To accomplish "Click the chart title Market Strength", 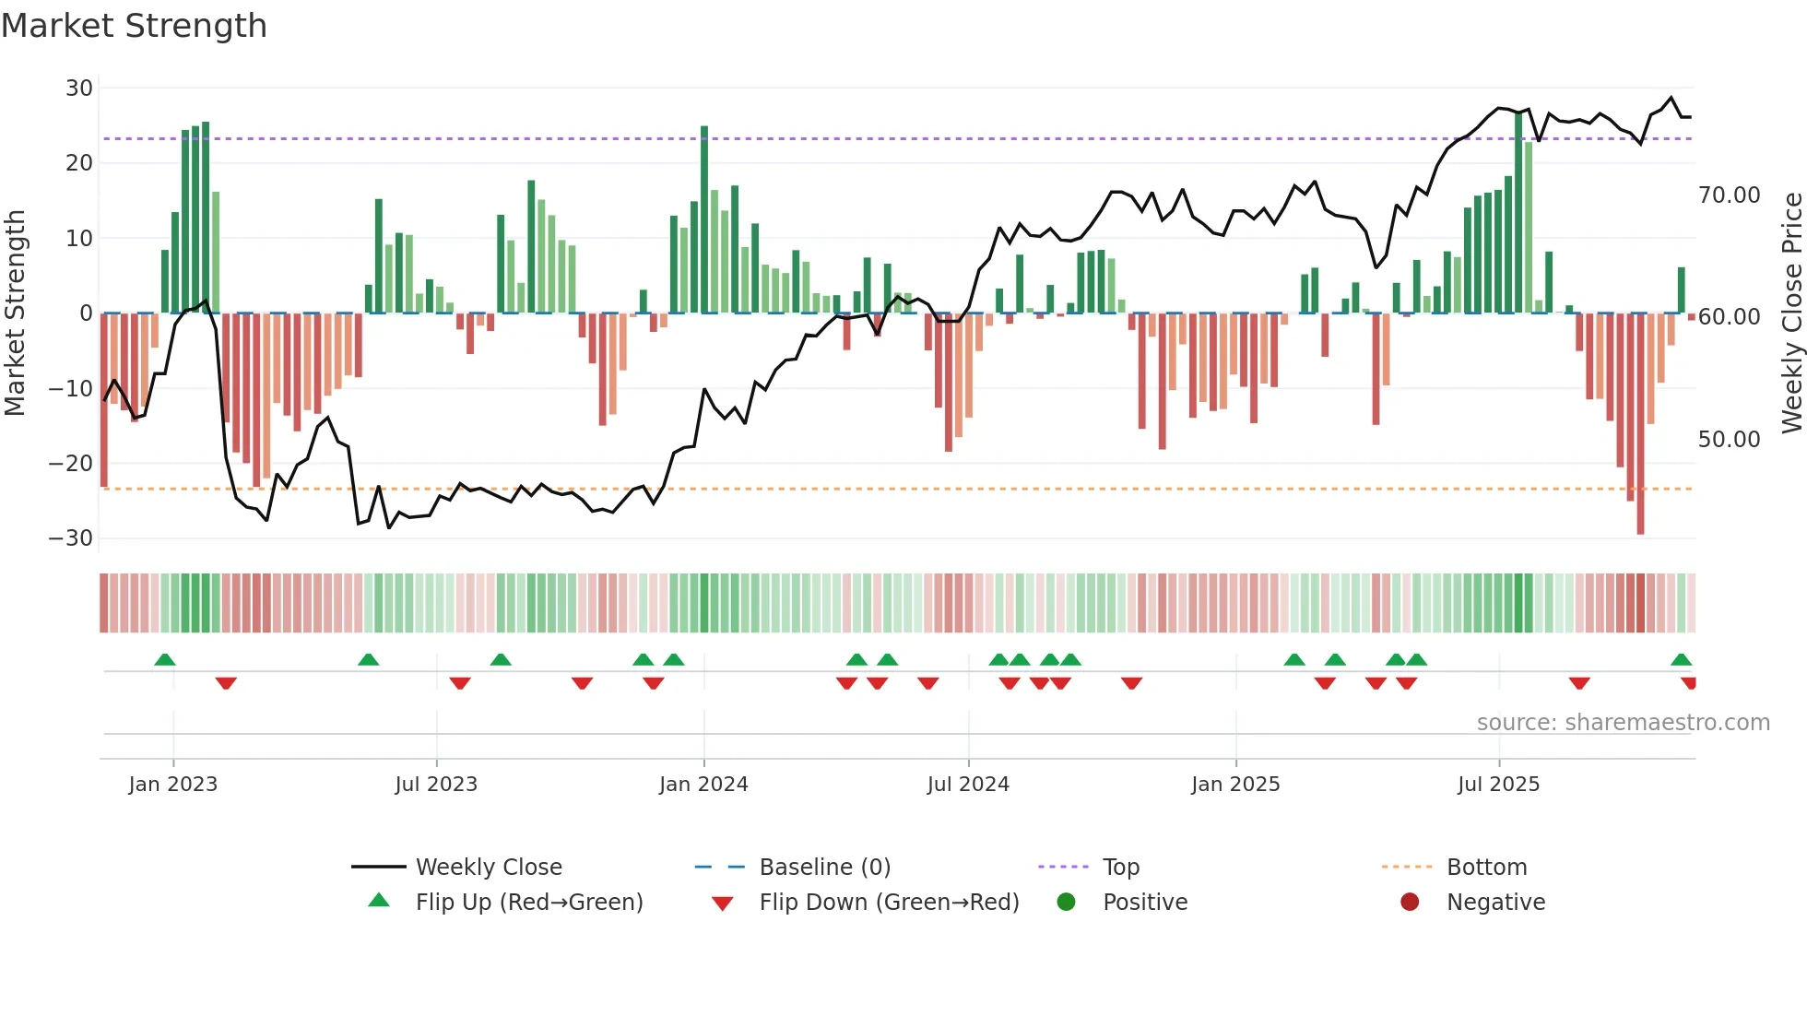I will [134, 26].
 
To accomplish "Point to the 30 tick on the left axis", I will [79, 89].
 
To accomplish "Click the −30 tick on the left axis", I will [71, 538].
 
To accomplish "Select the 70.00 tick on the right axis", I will [1729, 195].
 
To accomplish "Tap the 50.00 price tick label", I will [1729, 440].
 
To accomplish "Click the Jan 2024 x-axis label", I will [703, 785].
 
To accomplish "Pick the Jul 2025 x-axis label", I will [1498, 785].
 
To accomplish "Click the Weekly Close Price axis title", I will [1791, 313].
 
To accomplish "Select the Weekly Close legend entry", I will [489, 868].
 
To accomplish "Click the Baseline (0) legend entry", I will [824, 868].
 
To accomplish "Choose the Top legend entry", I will [1121, 868].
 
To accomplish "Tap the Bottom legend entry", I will [1486, 868].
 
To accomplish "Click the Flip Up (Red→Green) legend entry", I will [528, 903].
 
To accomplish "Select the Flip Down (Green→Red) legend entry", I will [889, 903].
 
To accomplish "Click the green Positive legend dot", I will [1067, 902].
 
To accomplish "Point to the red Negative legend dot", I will [1410, 902].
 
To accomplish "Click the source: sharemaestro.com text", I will [1623, 723].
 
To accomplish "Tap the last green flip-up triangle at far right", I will [1681, 659].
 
